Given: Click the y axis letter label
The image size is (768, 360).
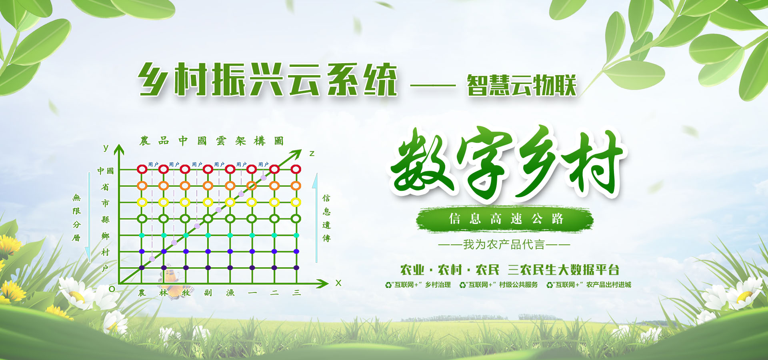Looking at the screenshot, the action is [x=106, y=148].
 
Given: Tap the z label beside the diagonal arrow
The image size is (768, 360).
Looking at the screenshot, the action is [x=312, y=154].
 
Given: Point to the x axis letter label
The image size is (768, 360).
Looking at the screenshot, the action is [x=338, y=283].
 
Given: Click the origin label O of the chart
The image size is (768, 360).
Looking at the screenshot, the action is [x=112, y=289].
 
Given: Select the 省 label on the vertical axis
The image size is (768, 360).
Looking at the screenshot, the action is [x=105, y=187].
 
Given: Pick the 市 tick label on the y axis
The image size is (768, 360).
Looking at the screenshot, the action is [x=105, y=203].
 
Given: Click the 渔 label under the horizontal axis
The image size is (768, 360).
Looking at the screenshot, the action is [x=230, y=293].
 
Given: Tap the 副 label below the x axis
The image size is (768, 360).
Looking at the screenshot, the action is [x=208, y=293].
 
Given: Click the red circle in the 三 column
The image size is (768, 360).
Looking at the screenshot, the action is [x=296, y=169].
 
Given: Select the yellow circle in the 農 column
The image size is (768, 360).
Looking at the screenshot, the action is [x=142, y=202].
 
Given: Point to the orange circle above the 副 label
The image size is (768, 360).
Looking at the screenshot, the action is [x=208, y=186].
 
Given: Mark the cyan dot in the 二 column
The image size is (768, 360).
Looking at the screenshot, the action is [x=274, y=235].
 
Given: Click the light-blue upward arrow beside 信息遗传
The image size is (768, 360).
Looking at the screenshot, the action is [x=316, y=218].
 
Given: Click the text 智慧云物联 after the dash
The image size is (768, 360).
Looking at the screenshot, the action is [x=522, y=85].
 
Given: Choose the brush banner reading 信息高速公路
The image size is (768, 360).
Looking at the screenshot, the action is [x=505, y=219].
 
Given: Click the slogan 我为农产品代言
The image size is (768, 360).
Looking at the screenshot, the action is [x=504, y=244].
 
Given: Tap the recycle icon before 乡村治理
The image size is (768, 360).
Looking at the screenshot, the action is [x=388, y=285].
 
